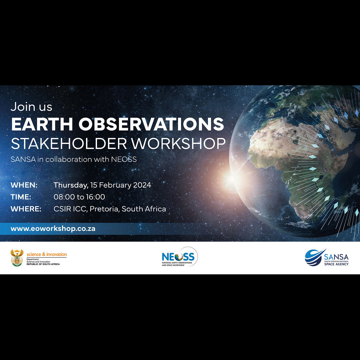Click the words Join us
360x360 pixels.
click(31, 107)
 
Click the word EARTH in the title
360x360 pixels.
click(42, 124)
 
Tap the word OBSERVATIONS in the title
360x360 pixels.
click(151, 124)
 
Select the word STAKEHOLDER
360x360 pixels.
click(69, 144)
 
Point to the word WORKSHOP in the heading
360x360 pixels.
click(178, 144)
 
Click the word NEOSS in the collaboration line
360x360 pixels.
click(124, 159)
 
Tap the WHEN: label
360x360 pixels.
click(24, 185)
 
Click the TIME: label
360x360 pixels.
click(21, 197)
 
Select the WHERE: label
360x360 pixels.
click(26, 209)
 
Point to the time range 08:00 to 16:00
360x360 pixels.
click(79, 197)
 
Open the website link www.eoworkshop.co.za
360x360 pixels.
click(53, 229)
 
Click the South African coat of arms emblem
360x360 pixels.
click(17, 258)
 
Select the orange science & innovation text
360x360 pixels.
click(47, 254)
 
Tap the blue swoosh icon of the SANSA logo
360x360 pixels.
click(314, 257)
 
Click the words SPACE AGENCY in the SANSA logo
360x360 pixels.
click(336, 264)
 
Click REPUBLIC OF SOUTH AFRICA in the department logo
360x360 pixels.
click(43, 264)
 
